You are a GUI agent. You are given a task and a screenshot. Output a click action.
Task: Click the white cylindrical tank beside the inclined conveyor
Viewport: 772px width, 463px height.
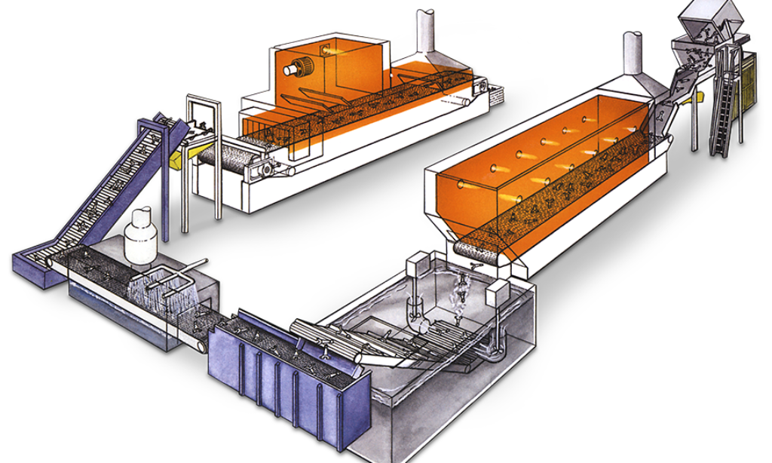(140, 238)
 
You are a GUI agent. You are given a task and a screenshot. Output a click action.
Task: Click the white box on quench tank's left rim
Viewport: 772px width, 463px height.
(417, 264)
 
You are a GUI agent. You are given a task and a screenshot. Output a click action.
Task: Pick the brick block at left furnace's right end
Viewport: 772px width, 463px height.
(495, 95)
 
